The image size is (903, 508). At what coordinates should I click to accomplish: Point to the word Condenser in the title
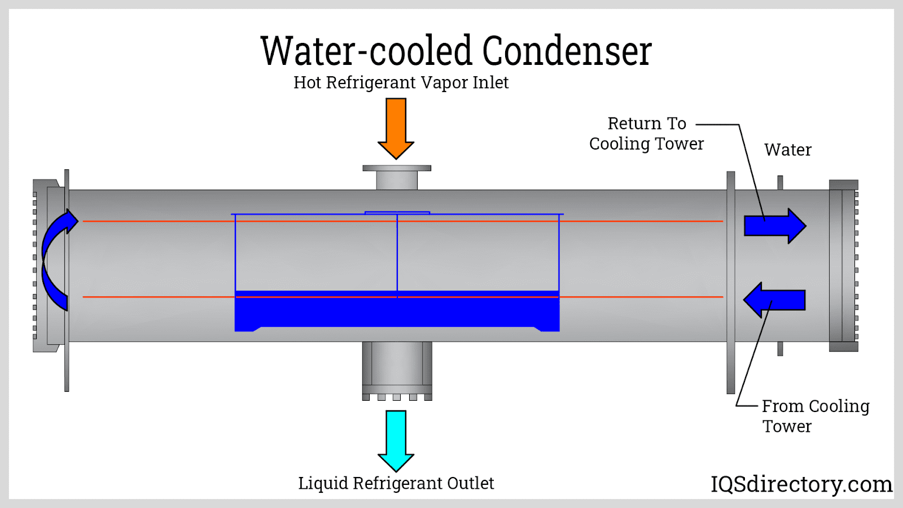(567, 51)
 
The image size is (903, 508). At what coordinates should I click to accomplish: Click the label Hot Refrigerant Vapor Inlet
(401, 82)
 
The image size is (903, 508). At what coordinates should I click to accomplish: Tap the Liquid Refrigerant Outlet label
(396, 483)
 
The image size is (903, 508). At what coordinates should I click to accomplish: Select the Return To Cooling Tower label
(647, 134)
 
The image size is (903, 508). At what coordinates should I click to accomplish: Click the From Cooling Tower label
(815, 416)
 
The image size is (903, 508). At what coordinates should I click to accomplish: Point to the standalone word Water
(788, 150)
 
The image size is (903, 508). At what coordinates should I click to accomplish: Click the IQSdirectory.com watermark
(801, 484)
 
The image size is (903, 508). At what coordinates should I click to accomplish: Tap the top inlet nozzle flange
(397, 168)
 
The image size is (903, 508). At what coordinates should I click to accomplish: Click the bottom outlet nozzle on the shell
(397, 370)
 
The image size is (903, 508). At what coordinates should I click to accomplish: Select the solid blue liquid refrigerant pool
(397, 312)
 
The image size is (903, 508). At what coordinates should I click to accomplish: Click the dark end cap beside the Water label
(843, 265)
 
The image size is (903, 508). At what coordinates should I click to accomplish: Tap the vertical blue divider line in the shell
(397, 254)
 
